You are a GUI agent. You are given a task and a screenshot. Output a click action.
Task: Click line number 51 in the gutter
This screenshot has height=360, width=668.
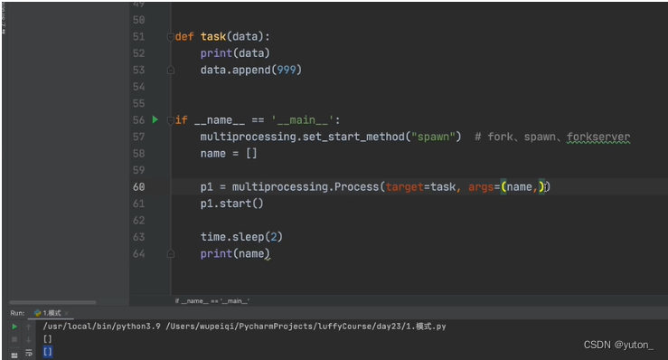tap(137, 37)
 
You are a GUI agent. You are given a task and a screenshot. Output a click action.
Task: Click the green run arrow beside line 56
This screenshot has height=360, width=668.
tap(155, 119)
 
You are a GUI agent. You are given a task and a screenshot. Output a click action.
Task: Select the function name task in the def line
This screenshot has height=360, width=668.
tap(213, 37)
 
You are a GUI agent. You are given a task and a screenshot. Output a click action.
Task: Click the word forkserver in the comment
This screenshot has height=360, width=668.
tap(597, 137)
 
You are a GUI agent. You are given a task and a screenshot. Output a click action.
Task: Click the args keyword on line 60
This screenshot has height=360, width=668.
tap(481, 186)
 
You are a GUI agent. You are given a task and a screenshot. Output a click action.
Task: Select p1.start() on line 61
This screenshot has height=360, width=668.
tap(231, 204)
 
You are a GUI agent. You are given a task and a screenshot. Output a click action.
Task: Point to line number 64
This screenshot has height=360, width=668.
tap(137, 253)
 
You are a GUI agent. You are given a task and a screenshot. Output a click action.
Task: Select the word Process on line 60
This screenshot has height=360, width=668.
tap(356, 186)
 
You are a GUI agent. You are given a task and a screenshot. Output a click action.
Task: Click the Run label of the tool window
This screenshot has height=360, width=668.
tap(16, 313)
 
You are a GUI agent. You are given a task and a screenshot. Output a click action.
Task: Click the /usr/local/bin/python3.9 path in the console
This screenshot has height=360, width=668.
tap(108, 326)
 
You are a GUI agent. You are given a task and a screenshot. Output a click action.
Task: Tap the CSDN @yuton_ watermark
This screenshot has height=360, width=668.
tap(618, 345)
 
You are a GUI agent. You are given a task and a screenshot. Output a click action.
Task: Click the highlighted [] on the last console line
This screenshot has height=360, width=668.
tap(48, 351)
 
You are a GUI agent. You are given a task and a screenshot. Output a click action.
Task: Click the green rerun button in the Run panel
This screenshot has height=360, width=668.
tap(14, 326)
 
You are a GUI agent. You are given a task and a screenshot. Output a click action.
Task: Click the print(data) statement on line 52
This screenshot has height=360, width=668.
tap(235, 53)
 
